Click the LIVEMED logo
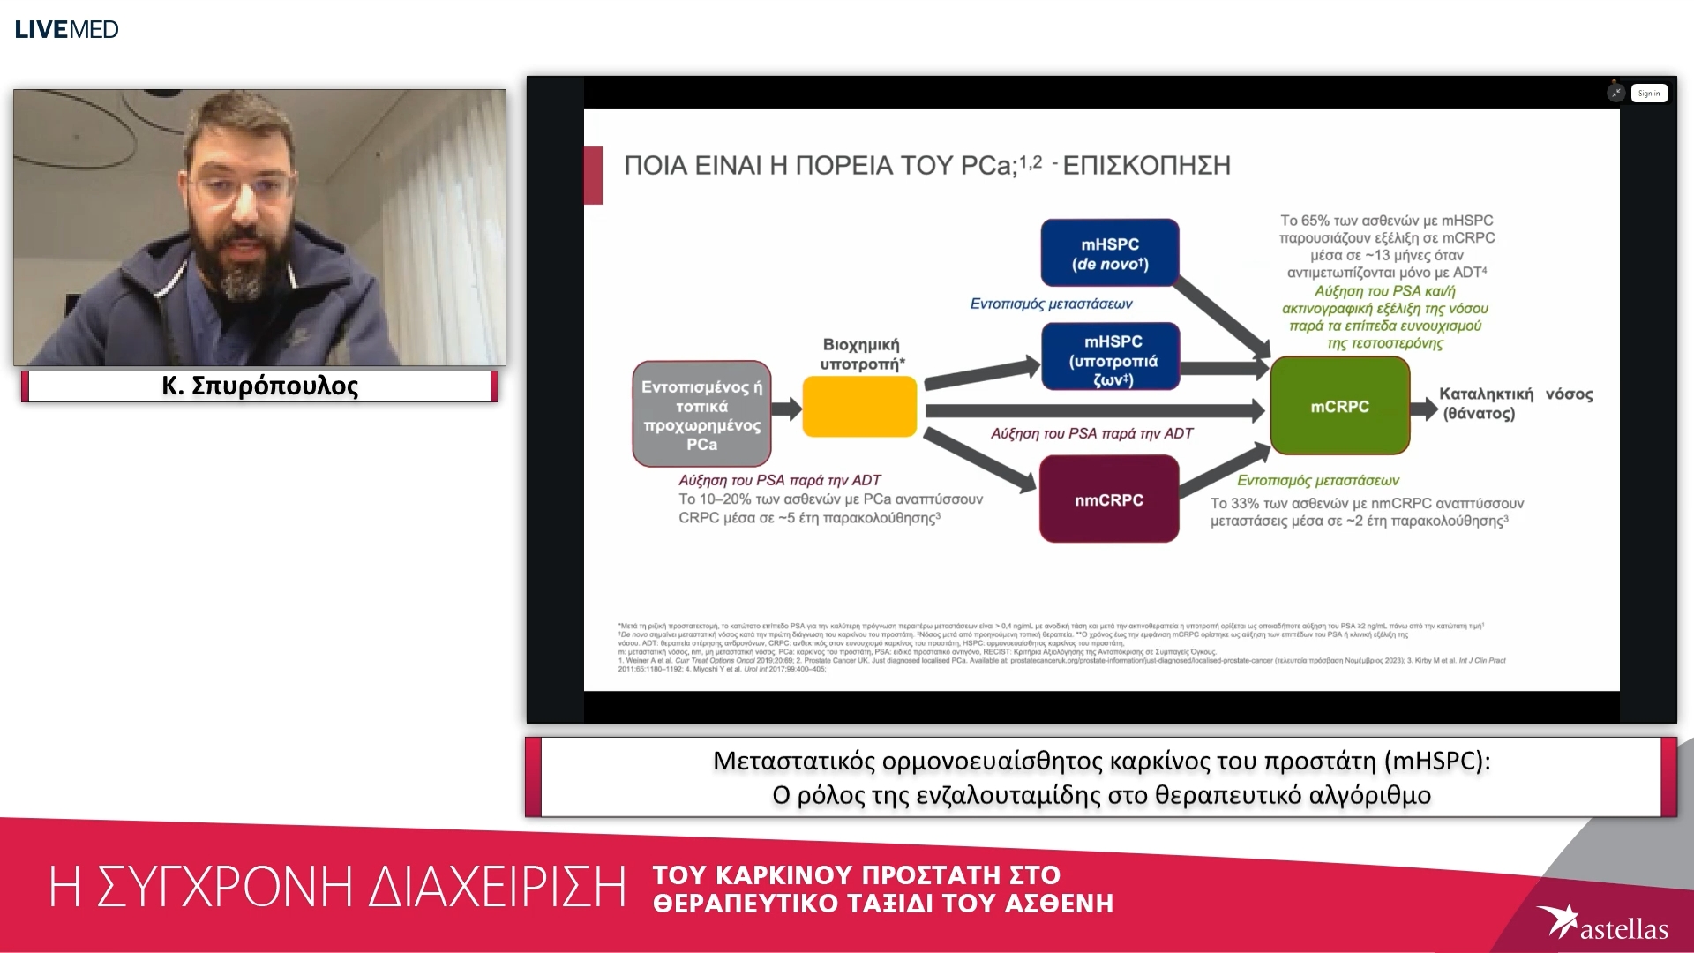pyautogui.click(x=67, y=29)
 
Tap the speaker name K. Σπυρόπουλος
pyautogui.click(x=260, y=386)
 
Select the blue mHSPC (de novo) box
pyautogui.click(x=1109, y=253)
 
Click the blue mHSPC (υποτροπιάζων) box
pyautogui.click(x=1110, y=356)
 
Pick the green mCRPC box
pyautogui.click(x=1339, y=406)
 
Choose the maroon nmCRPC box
pyautogui.click(x=1108, y=499)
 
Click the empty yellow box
pyautogui.click(x=858, y=407)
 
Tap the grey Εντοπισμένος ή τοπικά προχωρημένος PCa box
pyautogui.click(x=701, y=414)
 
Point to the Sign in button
pyautogui.click(x=1648, y=94)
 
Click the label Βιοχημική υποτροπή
pyautogui.click(x=860, y=354)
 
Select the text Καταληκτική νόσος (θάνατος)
pyautogui.click(x=1515, y=403)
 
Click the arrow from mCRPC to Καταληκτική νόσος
pyautogui.click(x=1423, y=408)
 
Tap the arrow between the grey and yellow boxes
pyautogui.click(x=785, y=408)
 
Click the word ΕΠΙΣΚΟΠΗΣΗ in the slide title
pyautogui.click(x=1146, y=166)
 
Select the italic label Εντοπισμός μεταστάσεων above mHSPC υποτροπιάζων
pyautogui.click(x=1051, y=304)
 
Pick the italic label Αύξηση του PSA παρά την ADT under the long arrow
pyautogui.click(x=1091, y=433)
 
